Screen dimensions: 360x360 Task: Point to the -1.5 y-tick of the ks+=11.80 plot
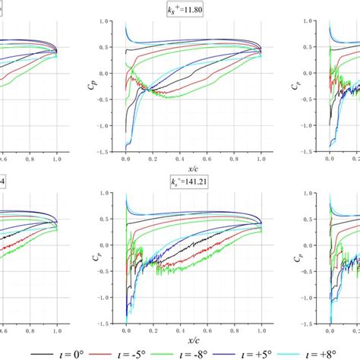112,151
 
